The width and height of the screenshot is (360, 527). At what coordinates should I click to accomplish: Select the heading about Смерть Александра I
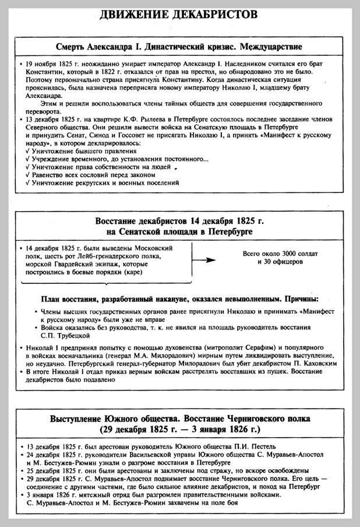(x=179, y=45)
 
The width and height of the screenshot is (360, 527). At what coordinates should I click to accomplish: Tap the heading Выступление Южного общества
(x=179, y=419)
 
